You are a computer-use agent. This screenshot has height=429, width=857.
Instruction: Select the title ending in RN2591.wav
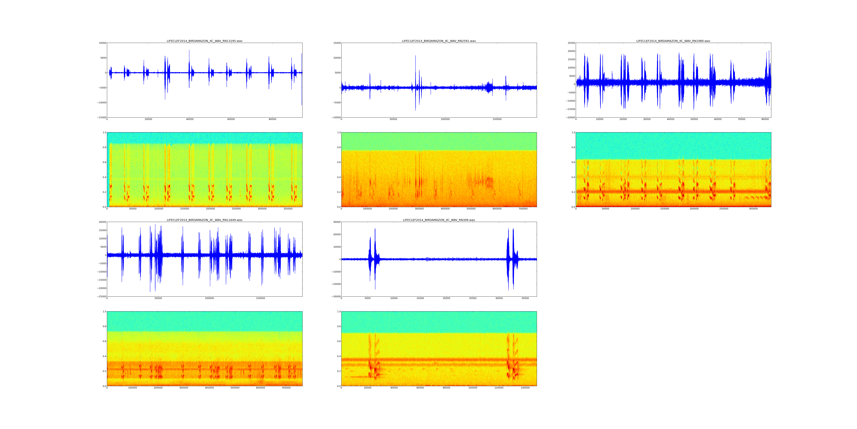coord(439,41)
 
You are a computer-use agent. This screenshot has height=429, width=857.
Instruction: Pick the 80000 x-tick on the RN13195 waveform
coord(272,119)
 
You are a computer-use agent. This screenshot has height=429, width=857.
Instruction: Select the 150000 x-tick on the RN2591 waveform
coord(497,119)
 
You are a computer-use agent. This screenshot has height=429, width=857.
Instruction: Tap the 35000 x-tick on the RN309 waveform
coord(525,298)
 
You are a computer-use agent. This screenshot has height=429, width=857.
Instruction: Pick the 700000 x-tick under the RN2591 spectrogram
coord(523,209)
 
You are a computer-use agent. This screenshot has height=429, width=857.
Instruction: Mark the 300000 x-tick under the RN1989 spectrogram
coord(753,209)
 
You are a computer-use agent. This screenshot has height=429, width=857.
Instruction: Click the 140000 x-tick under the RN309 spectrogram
coord(525,388)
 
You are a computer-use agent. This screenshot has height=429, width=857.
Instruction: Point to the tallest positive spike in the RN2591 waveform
coord(415,56)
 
